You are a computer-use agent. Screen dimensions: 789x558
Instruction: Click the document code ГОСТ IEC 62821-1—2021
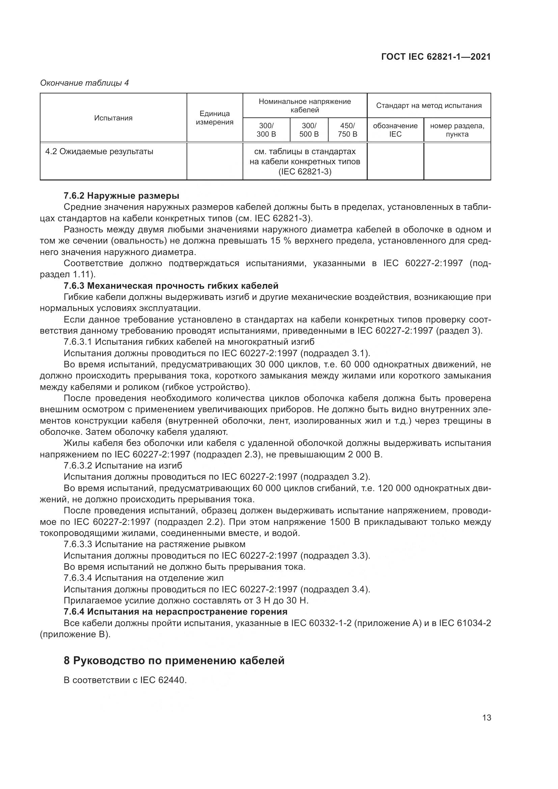(436, 57)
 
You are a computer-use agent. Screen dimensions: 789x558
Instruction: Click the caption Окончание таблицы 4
(85, 83)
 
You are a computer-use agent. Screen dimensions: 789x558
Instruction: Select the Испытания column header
(113, 118)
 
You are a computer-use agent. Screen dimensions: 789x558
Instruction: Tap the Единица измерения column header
(215, 118)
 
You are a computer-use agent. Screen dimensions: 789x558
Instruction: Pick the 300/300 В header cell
(266, 130)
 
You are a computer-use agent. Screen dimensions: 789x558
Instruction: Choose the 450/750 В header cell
(347, 130)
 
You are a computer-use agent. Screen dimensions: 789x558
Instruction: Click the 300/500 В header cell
(309, 130)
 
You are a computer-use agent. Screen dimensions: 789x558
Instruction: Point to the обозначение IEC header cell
(395, 130)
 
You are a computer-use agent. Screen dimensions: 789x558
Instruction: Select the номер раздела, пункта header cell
(457, 130)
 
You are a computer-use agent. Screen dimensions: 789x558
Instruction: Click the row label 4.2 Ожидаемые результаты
(99, 151)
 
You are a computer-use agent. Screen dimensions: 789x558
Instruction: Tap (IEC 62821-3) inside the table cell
(305, 171)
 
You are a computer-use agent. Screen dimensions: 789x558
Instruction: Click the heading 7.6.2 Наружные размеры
(121, 196)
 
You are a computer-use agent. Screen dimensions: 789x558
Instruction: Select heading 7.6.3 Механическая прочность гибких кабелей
(171, 286)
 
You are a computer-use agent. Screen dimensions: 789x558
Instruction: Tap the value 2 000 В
(365, 455)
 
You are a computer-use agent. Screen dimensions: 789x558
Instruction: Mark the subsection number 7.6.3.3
(78, 544)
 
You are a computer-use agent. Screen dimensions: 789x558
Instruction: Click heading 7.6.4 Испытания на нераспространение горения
(175, 612)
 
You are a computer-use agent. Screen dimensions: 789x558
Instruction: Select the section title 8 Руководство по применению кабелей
(174, 660)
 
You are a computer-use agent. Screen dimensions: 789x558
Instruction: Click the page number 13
(486, 717)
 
